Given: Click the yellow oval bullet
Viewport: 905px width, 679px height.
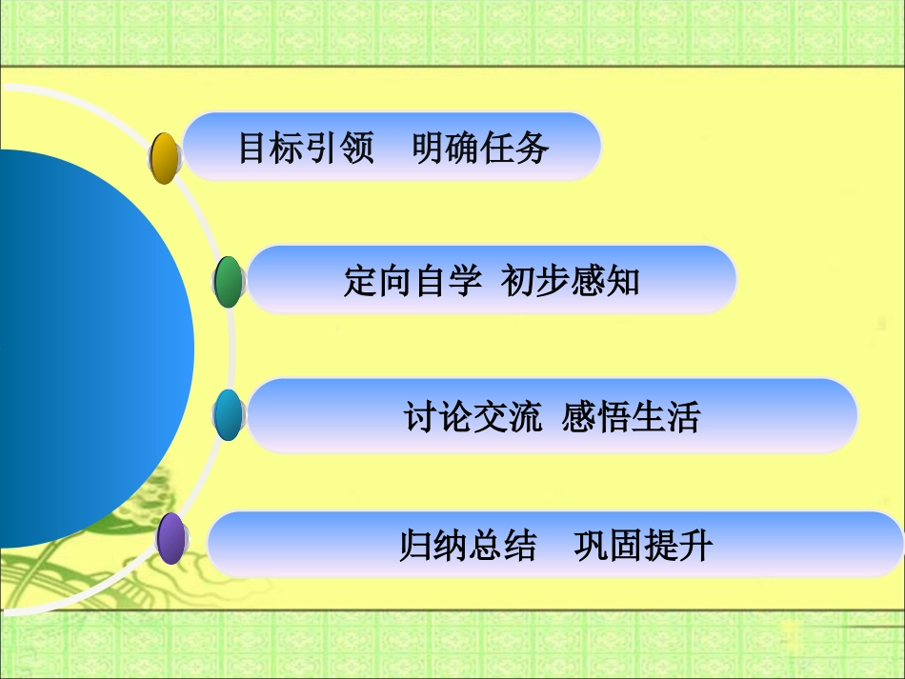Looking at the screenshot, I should [x=165, y=158].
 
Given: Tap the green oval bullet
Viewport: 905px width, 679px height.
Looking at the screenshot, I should [x=229, y=282].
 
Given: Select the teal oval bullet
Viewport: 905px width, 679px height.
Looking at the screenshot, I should [x=229, y=415].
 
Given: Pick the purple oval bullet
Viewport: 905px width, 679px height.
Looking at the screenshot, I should [x=171, y=539].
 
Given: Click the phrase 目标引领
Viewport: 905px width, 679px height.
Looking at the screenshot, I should [x=306, y=149].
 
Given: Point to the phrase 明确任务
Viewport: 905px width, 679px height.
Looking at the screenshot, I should [x=481, y=149].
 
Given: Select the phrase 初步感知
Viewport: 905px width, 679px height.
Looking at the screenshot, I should [x=571, y=282].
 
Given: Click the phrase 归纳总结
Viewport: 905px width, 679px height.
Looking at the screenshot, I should [x=468, y=547].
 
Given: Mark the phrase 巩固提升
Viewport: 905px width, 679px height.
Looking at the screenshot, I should [x=643, y=547].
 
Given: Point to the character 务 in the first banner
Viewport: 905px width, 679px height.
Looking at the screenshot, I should [x=533, y=149].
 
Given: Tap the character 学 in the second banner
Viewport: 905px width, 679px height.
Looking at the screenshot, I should [x=466, y=282].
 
